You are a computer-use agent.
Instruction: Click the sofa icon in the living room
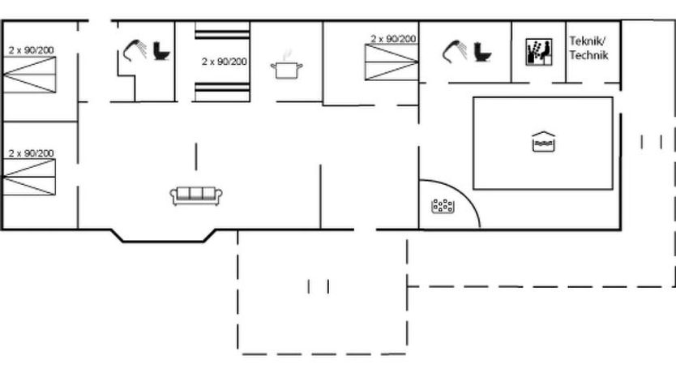(196, 195)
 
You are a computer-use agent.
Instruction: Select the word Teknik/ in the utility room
(587, 41)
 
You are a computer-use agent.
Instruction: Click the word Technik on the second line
(588, 55)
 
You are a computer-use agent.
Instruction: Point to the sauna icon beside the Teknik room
(539, 52)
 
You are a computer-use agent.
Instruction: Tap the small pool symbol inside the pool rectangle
(543, 142)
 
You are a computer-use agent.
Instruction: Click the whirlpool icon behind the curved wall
(443, 206)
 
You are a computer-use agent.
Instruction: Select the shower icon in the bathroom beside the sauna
(455, 51)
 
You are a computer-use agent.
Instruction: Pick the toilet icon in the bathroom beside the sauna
(482, 51)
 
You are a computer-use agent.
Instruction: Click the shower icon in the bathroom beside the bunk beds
(135, 50)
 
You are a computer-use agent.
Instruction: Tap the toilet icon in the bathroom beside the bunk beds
(161, 50)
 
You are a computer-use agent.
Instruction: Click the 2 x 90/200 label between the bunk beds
(225, 62)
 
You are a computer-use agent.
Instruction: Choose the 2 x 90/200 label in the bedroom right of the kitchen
(393, 39)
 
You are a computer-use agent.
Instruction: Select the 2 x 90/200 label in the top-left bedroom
(31, 50)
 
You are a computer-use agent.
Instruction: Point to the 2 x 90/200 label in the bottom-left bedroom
(31, 153)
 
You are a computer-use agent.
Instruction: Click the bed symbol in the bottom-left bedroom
(29, 177)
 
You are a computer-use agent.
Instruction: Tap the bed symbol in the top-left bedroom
(29, 75)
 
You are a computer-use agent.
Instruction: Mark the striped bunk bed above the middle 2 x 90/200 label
(222, 31)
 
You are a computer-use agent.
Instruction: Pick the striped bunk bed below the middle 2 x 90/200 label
(222, 92)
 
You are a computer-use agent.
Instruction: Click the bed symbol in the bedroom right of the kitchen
(391, 62)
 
